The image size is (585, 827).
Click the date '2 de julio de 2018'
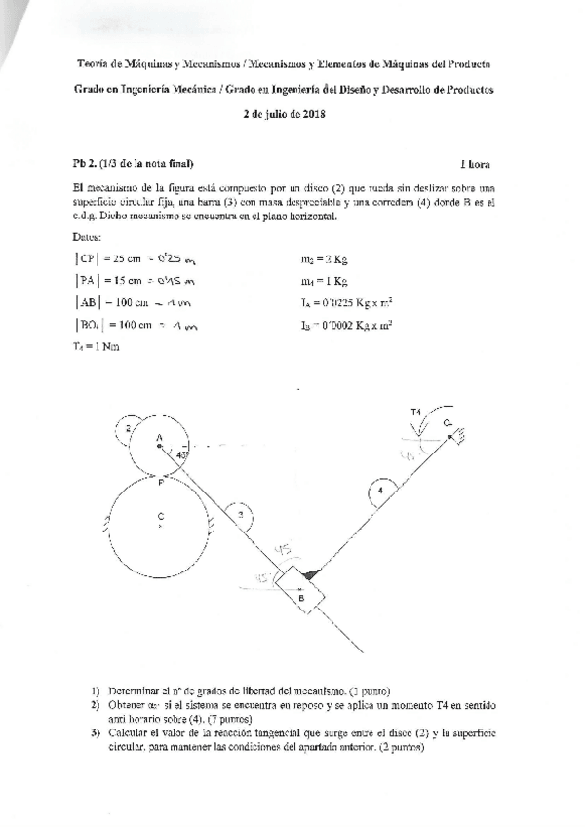[283, 114]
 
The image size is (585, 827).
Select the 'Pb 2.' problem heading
[87, 163]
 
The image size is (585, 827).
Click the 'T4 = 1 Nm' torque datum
[96, 345]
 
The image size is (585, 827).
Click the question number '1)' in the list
[95, 690]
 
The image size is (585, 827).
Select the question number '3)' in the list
[95, 732]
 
